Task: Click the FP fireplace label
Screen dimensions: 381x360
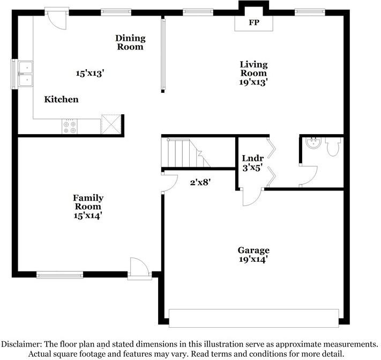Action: point(254,23)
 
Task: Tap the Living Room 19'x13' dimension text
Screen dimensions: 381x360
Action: point(253,82)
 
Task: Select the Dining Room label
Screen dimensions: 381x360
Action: point(130,42)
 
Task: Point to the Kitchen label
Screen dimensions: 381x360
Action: point(61,99)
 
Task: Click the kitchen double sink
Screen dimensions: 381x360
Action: point(26,74)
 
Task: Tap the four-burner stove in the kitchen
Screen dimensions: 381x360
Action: point(70,127)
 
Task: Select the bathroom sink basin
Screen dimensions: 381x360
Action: point(313,143)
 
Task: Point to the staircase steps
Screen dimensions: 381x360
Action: point(186,153)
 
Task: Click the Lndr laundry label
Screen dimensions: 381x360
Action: point(253,158)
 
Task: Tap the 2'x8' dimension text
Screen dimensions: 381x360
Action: point(200,182)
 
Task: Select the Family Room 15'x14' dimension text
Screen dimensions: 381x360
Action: point(88,216)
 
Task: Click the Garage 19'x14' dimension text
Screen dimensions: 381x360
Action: point(253,259)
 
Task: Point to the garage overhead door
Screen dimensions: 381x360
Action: point(254,318)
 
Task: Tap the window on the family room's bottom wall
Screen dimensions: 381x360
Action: point(60,275)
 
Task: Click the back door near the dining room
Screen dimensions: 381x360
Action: point(57,19)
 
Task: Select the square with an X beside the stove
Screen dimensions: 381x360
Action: point(111,124)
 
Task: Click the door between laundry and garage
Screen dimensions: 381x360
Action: point(251,196)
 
